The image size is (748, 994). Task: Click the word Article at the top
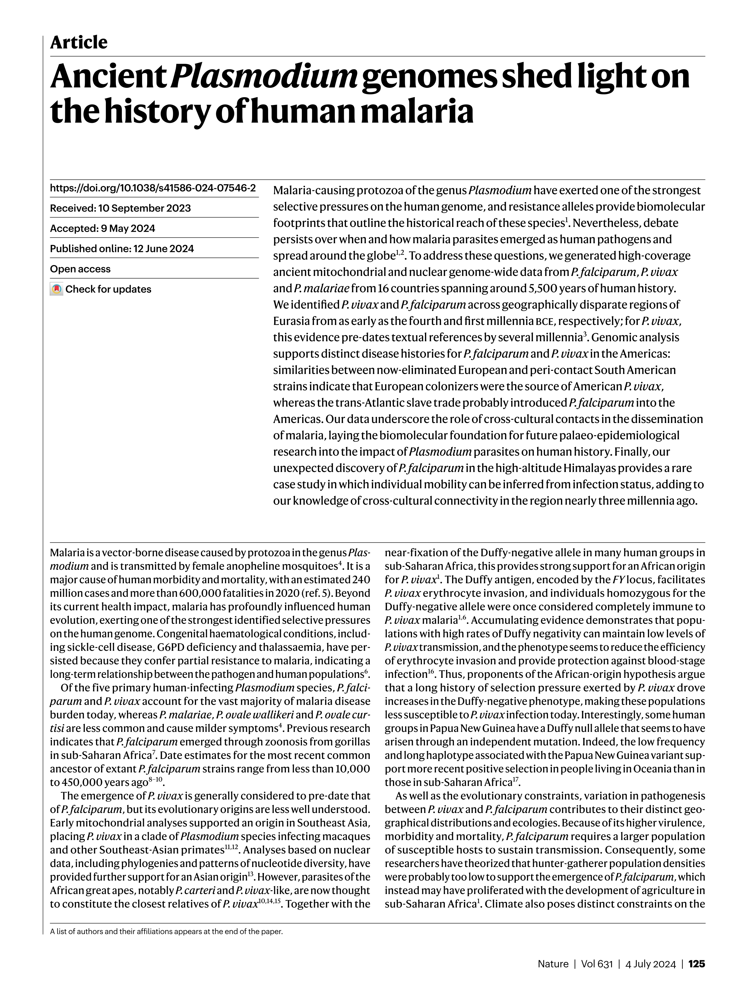[x=79, y=43]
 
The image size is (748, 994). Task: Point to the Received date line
[x=120, y=208]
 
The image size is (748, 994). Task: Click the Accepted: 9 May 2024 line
[x=103, y=228]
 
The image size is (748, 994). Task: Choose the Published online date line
[x=122, y=249]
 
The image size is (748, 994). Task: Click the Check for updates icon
[x=56, y=289]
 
